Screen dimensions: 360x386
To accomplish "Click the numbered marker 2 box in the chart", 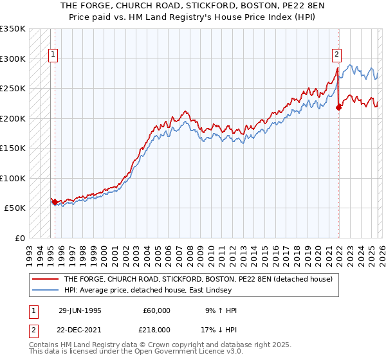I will click(336, 55).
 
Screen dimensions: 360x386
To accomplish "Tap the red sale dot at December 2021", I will click(338, 107).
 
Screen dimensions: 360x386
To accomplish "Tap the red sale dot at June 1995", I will click(55, 202).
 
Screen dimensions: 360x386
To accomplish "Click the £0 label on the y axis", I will click(19, 238).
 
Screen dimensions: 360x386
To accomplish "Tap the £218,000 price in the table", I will click(157, 328).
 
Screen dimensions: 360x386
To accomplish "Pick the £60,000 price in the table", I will click(157, 310).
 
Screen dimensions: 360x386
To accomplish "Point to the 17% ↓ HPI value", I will click(219, 328).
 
